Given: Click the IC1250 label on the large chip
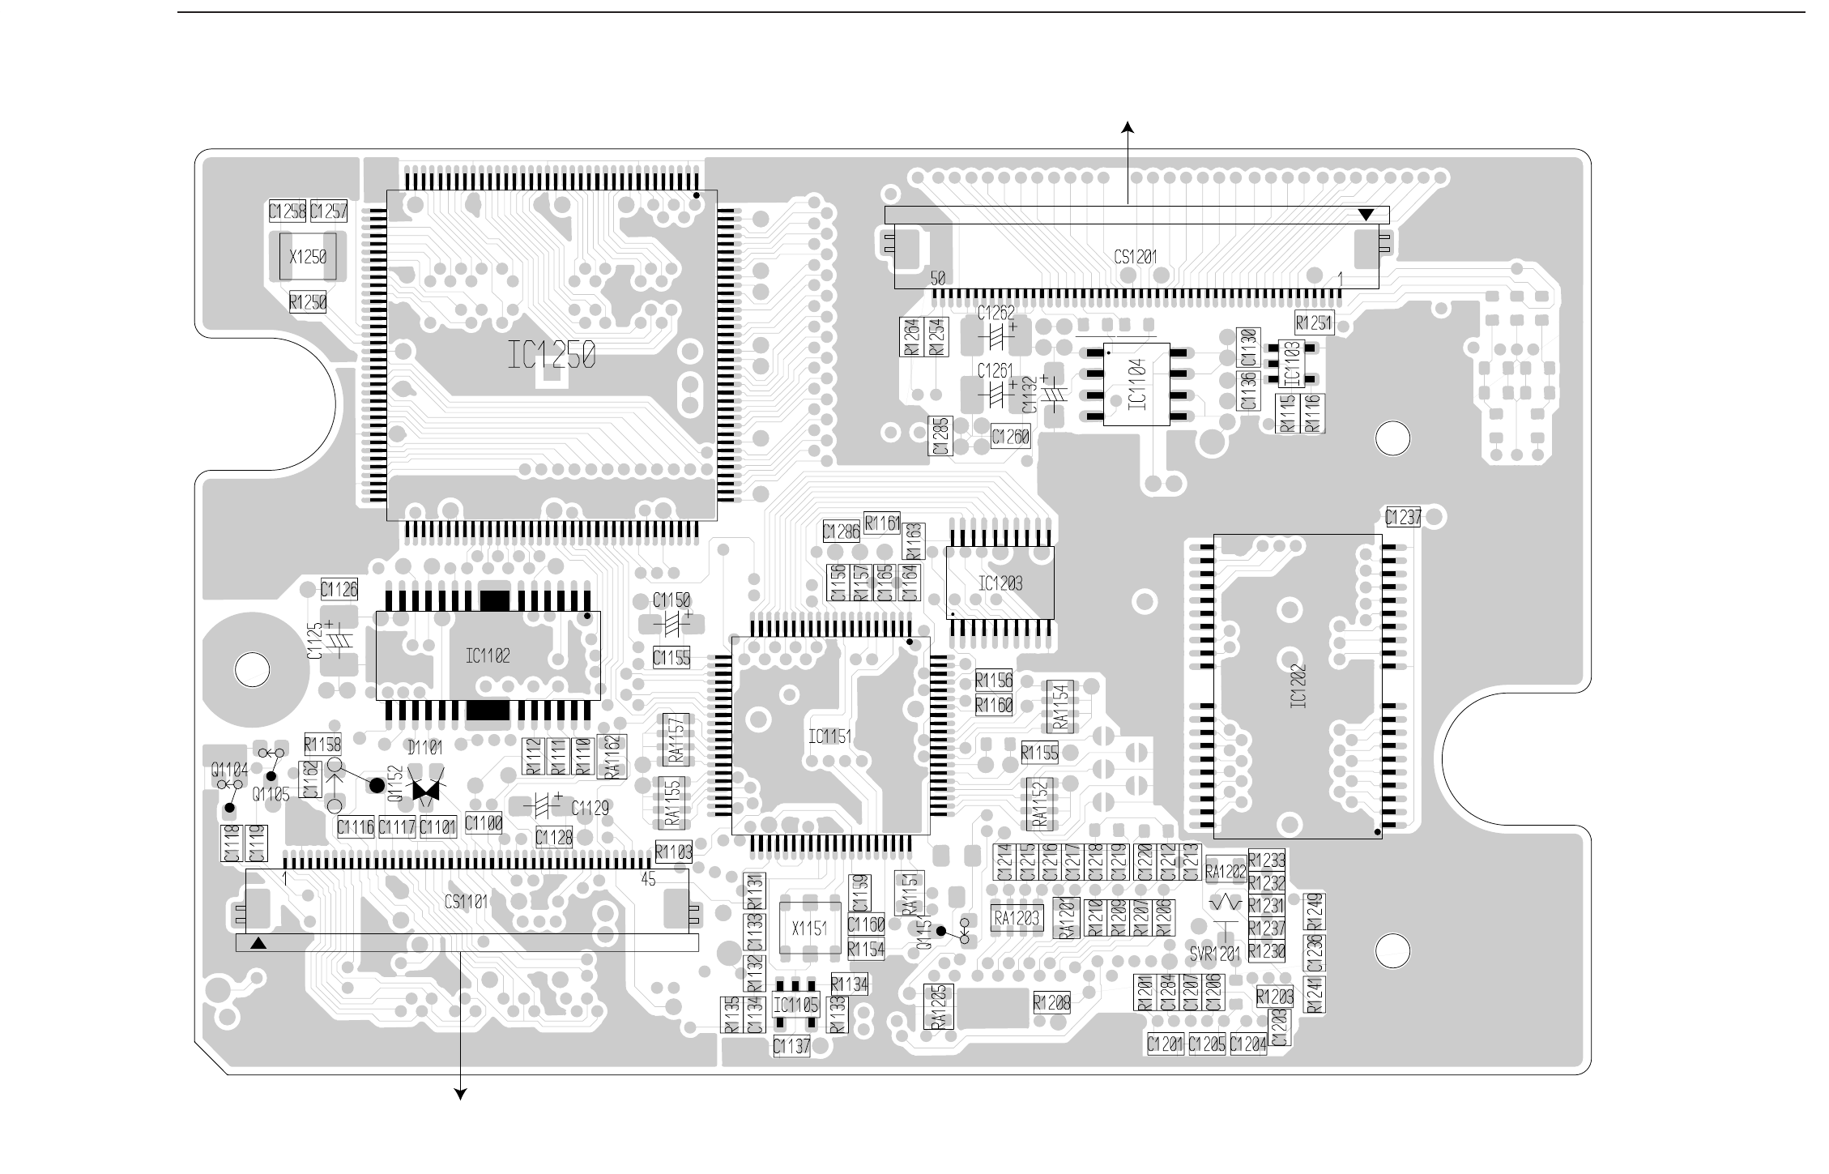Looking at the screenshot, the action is tap(552, 356).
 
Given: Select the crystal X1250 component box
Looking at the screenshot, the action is tap(308, 257).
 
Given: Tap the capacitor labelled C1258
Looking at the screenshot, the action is tap(288, 211).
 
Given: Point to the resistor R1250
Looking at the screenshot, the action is tap(308, 303).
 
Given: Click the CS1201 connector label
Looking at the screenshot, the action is tap(1136, 257).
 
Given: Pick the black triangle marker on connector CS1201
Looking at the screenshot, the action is tap(1366, 215).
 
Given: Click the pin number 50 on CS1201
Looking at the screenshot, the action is tap(937, 279).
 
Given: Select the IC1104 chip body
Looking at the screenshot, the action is tap(1137, 385).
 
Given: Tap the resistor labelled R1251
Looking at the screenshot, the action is tap(1314, 322).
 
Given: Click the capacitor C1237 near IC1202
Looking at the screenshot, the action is tap(1403, 517).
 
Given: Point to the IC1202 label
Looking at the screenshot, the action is tap(1298, 686).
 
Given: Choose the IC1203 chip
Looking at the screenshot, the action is tap(1000, 583).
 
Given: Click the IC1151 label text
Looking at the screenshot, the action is tap(830, 736).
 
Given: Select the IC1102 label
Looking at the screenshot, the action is tap(488, 655).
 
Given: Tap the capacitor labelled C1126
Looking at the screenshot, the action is tap(339, 589).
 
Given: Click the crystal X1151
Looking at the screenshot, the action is tap(808, 929).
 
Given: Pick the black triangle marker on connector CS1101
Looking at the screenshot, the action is tap(258, 943).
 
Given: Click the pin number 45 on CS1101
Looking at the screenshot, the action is tap(648, 879).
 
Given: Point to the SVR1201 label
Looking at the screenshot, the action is tap(1215, 955).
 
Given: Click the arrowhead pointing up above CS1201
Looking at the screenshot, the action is tap(1127, 126).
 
